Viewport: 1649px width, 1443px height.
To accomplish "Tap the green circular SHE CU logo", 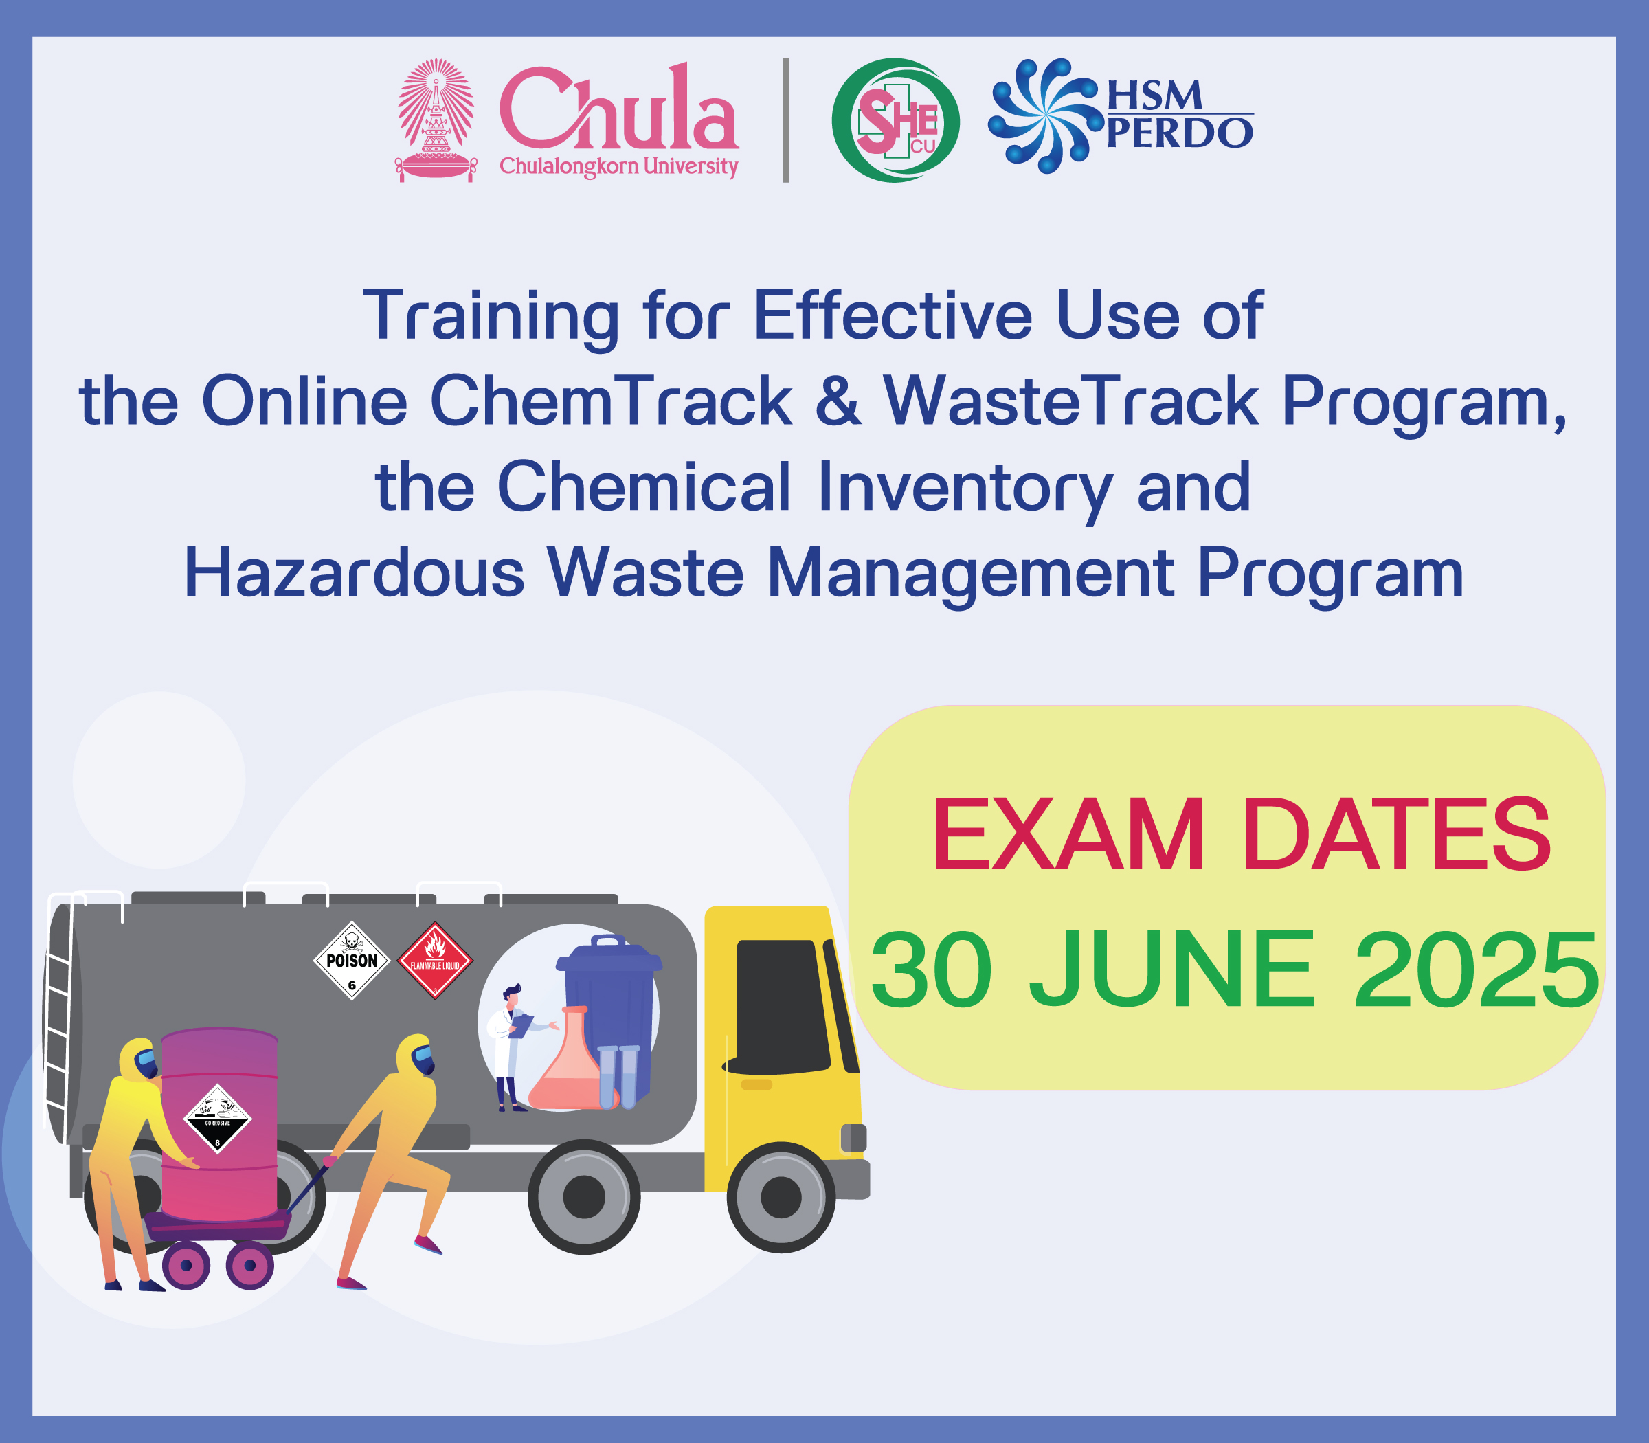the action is (895, 120).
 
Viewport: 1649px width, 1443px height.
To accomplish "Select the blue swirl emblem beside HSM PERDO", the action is (1044, 116).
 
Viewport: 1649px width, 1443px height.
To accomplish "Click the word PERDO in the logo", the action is (1180, 133).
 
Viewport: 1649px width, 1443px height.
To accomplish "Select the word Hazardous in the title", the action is (355, 572).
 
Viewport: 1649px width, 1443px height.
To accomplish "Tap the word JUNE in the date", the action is (1171, 969).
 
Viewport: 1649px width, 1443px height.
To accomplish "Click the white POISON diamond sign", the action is (352, 961).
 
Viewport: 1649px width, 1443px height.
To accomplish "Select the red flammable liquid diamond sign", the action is (436, 961).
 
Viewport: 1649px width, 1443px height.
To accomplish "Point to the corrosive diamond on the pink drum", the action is (217, 1119).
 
